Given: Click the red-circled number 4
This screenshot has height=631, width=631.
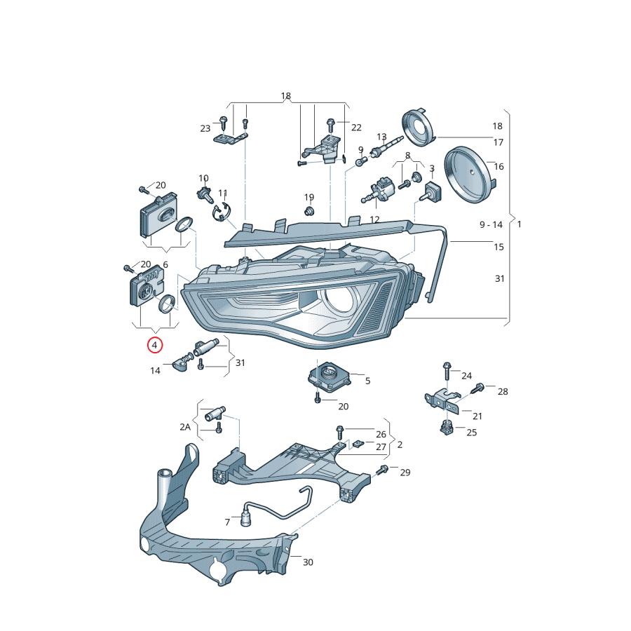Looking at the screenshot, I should point(154,345).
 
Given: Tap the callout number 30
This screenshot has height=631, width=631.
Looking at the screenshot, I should point(308,562).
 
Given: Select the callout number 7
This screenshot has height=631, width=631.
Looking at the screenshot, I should point(227,522).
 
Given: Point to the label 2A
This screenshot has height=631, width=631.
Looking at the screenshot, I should point(185,426).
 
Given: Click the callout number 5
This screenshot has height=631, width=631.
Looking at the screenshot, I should point(367,381).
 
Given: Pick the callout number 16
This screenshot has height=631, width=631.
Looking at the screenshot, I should point(499,167).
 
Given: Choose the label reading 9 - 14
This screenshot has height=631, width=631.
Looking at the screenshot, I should point(491,224).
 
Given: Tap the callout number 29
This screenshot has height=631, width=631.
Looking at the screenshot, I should point(405,473).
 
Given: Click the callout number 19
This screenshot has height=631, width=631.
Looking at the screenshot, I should point(309,197).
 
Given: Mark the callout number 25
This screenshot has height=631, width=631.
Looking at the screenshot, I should point(471,433).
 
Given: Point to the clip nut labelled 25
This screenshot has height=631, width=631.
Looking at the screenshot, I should point(445,427).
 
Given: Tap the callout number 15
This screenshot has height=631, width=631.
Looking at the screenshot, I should point(498,247).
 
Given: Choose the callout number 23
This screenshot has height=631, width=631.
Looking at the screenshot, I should point(205,128).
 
